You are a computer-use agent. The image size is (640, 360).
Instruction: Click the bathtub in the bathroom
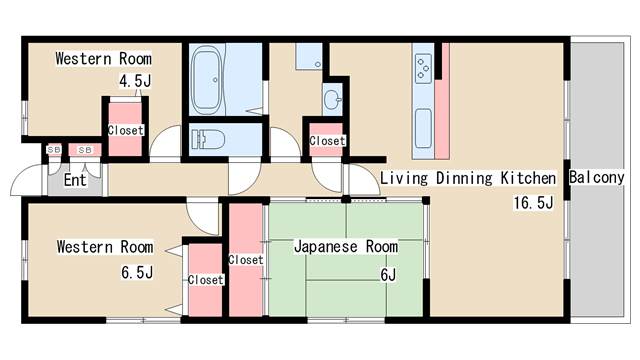pyautogui.click(x=212, y=80)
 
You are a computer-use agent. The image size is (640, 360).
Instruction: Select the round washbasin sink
pyautogui.click(x=332, y=98)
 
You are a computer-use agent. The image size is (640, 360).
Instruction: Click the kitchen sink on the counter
pyautogui.click(x=423, y=127)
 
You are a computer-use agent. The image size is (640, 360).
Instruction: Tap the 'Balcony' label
pyautogui.click(x=596, y=178)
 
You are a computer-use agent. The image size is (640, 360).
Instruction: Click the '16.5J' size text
pyautogui.click(x=533, y=203)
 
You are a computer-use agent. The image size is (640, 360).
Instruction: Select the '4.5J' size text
pyautogui.click(x=135, y=81)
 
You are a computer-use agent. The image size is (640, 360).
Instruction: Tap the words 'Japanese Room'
pyautogui.click(x=345, y=246)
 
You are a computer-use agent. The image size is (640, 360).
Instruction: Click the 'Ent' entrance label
pyautogui.click(x=75, y=181)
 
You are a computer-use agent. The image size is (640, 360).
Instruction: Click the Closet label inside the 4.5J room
pyautogui.click(x=125, y=130)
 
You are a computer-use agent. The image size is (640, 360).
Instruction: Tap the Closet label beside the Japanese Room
pyautogui.click(x=246, y=260)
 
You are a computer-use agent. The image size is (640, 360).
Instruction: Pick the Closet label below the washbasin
pyautogui.click(x=327, y=141)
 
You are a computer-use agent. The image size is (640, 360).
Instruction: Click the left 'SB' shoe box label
pyautogui.click(x=53, y=150)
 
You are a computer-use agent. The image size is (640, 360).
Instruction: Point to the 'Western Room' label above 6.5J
pyautogui.click(x=104, y=246)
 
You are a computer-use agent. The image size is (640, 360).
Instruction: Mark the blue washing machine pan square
pyautogui.click(x=308, y=56)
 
